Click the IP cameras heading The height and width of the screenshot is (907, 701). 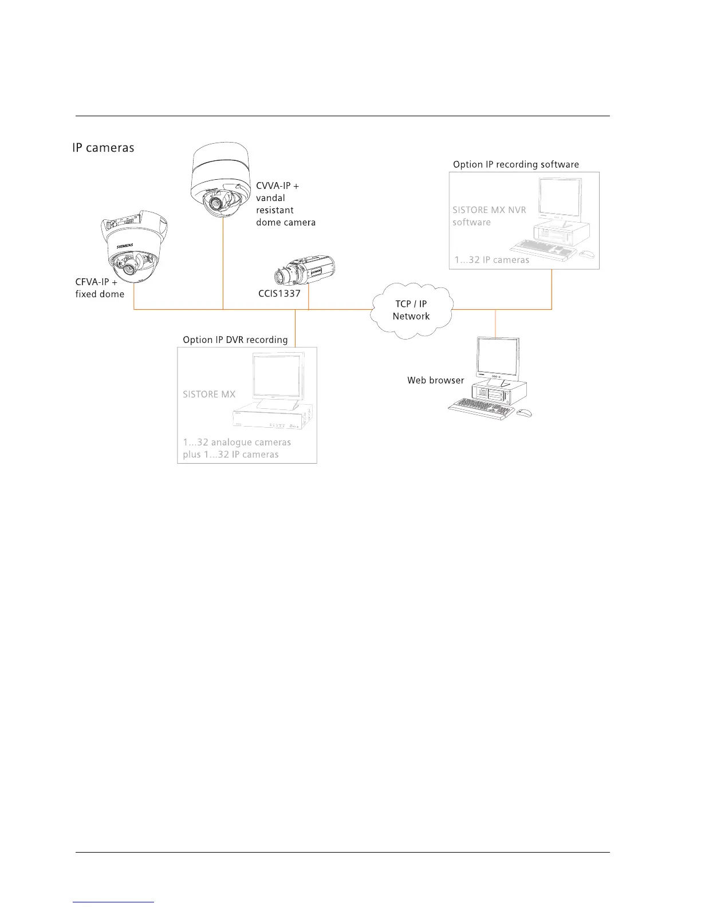click(x=103, y=148)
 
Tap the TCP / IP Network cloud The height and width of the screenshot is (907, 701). click(x=411, y=310)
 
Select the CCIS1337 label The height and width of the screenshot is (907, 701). click(x=279, y=294)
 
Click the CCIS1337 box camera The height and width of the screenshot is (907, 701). click(x=304, y=271)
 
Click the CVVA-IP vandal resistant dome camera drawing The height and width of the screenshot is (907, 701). click(x=220, y=183)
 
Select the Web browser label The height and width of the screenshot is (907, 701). click(x=435, y=380)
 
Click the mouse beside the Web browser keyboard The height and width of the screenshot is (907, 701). click(x=523, y=412)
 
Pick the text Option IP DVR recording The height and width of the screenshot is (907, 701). click(x=235, y=340)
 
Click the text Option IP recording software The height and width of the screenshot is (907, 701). click(x=515, y=165)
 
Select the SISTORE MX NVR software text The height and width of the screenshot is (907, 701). click(x=489, y=216)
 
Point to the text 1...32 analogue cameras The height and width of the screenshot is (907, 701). click(x=237, y=443)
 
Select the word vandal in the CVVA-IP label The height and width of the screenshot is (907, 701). click(x=270, y=198)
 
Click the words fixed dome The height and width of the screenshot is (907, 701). click(x=100, y=294)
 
